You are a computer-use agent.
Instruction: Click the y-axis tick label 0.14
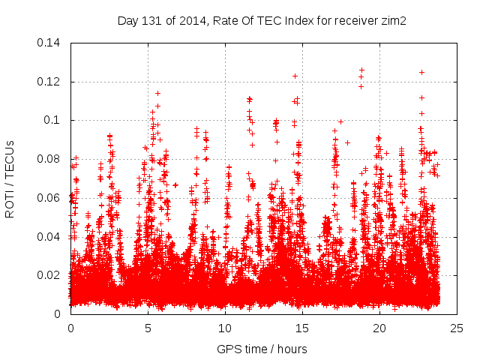(x=50, y=43)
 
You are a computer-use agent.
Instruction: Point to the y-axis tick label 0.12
(x=50, y=82)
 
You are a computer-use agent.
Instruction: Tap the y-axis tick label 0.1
(x=54, y=120)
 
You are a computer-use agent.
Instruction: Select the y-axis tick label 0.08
(x=50, y=159)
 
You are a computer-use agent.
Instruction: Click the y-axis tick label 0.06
(x=50, y=198)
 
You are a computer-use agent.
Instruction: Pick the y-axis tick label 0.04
(x=50, y=237)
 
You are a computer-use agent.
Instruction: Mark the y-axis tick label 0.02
(x=50, y=275)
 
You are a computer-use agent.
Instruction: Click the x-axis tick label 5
(x=148, y=328)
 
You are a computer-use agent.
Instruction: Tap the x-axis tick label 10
(x=225, y=328)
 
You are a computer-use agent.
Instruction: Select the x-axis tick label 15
(x=302, y=328)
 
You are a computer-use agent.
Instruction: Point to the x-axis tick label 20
(x=379, y=328)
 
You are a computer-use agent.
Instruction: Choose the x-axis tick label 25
(x=457, y=328)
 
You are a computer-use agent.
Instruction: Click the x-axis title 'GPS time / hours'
(x=262, y=349)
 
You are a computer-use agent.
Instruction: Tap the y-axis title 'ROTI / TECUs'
(x=10, y=178)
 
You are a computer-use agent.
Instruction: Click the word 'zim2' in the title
(x=394, y=21)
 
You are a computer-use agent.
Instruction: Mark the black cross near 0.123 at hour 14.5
(x=295, y=76)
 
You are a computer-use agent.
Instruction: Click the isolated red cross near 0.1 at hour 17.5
(x=340, y=121)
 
